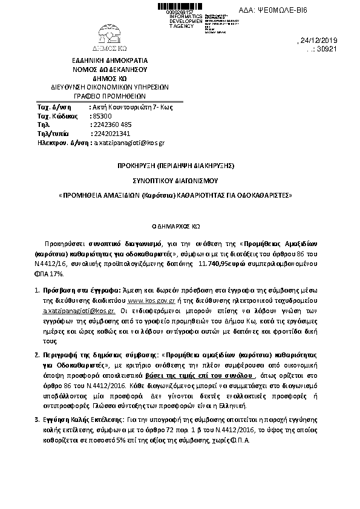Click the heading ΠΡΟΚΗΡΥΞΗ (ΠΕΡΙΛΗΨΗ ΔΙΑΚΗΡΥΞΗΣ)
[175, 165]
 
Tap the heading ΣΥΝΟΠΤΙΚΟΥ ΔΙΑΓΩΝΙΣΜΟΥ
[175, 180]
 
